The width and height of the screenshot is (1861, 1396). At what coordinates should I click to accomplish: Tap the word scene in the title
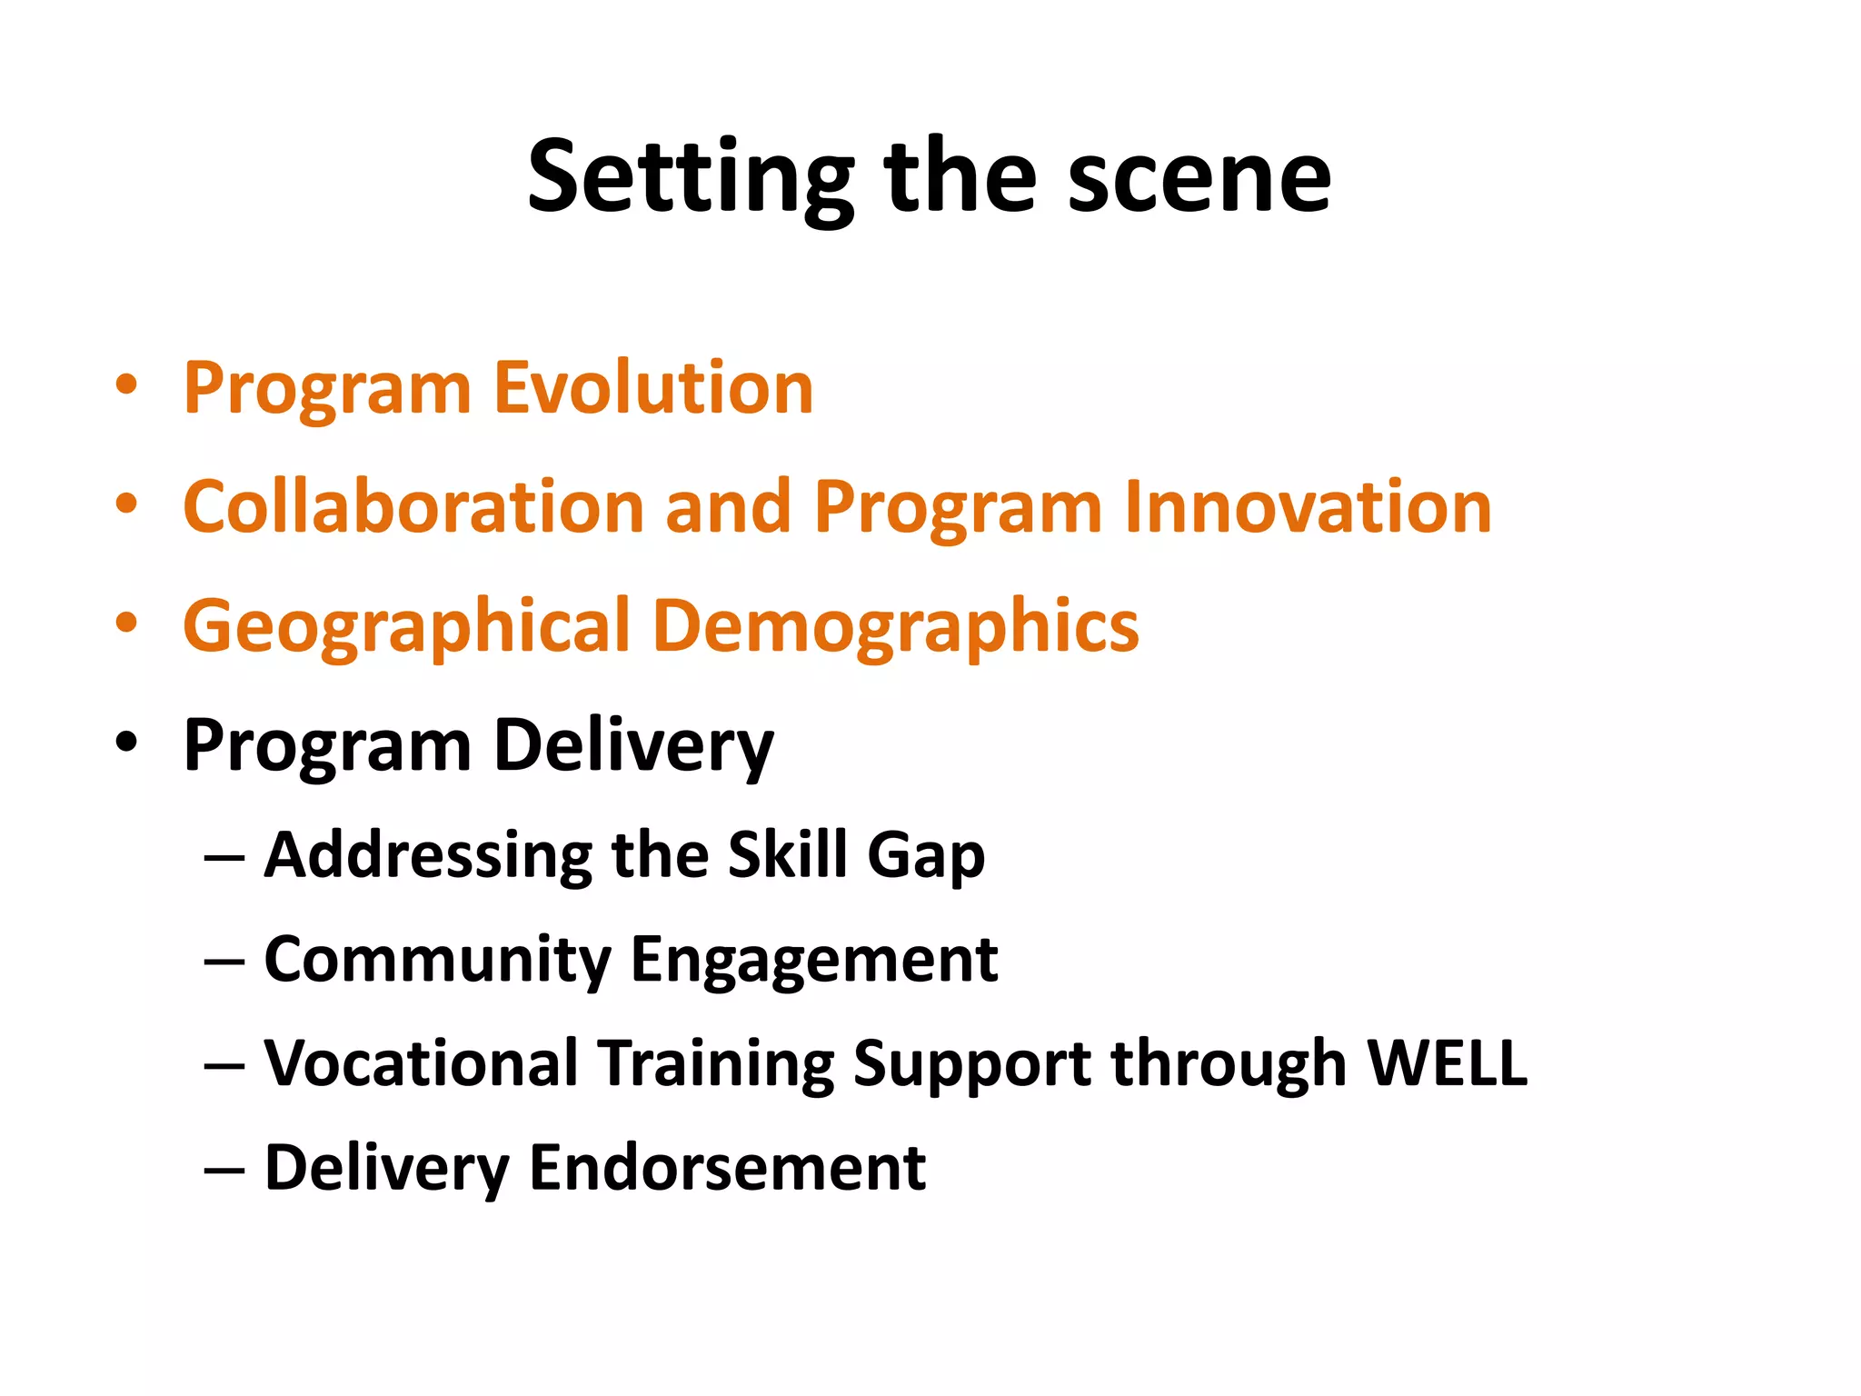point(1199,177)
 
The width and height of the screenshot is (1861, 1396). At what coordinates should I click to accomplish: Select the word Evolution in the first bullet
point(652,388)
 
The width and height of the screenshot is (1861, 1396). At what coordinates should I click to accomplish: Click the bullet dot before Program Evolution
point(126,384)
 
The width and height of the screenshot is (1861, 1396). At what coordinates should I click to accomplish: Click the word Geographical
point(406,627)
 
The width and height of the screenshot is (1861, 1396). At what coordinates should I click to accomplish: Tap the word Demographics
point(895,627)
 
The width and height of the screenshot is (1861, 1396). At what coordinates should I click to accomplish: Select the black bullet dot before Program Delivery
point(126,742)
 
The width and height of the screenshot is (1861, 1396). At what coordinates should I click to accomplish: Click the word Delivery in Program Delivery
point(633,745)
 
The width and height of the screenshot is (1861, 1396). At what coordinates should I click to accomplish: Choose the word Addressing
point(427,855)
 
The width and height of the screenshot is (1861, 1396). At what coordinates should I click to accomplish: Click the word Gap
point(925,857)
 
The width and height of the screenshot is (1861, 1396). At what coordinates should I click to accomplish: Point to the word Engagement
point(814,962)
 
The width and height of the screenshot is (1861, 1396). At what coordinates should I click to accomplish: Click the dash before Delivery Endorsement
point(224,1170)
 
